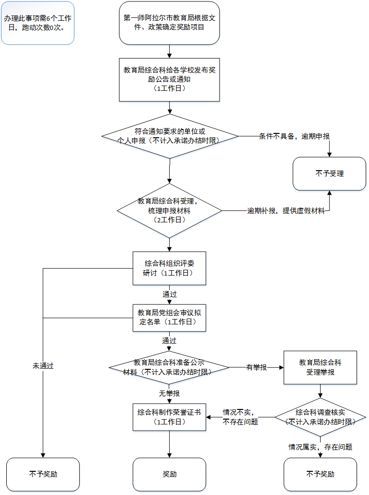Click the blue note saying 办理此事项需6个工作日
pyautogui.click(x=38, y=23)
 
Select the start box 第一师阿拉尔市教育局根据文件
pyautogui.click(x=169, y=23)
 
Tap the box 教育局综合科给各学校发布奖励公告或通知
pyautogui.click(x=169, y=80)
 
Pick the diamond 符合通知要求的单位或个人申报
pyautogui.click(x=169, y=136)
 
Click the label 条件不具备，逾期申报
pyautogui.click(x=295, y=136)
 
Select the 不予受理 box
pyautogui.click(x=329, y=173)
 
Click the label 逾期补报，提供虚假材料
pyautogui.click(x=286, y=211)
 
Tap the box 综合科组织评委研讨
pyautogui.click(x=169, y=268)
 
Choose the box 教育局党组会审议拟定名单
pyautogui.click(x=169, y=318)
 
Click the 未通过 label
pyautogui.click(x=43, y=366)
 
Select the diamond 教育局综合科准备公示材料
pyautogui.click(x=169, y=367)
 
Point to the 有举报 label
pyautogui.click(x=256, y=367)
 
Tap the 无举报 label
pyautogui.click(x=169, y=393)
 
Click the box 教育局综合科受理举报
pyautogui.click(x=320, y=367)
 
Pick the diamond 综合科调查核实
pyautogui.click(x=320, y=417)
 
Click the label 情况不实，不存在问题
pyautogui.click(x=240, y=417)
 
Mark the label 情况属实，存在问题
pyautogui.click(x=320, y=447)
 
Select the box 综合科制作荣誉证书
pyautogui.click(x=169, y=417)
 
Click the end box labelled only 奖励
pyautogui.click(x=169, y=474)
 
